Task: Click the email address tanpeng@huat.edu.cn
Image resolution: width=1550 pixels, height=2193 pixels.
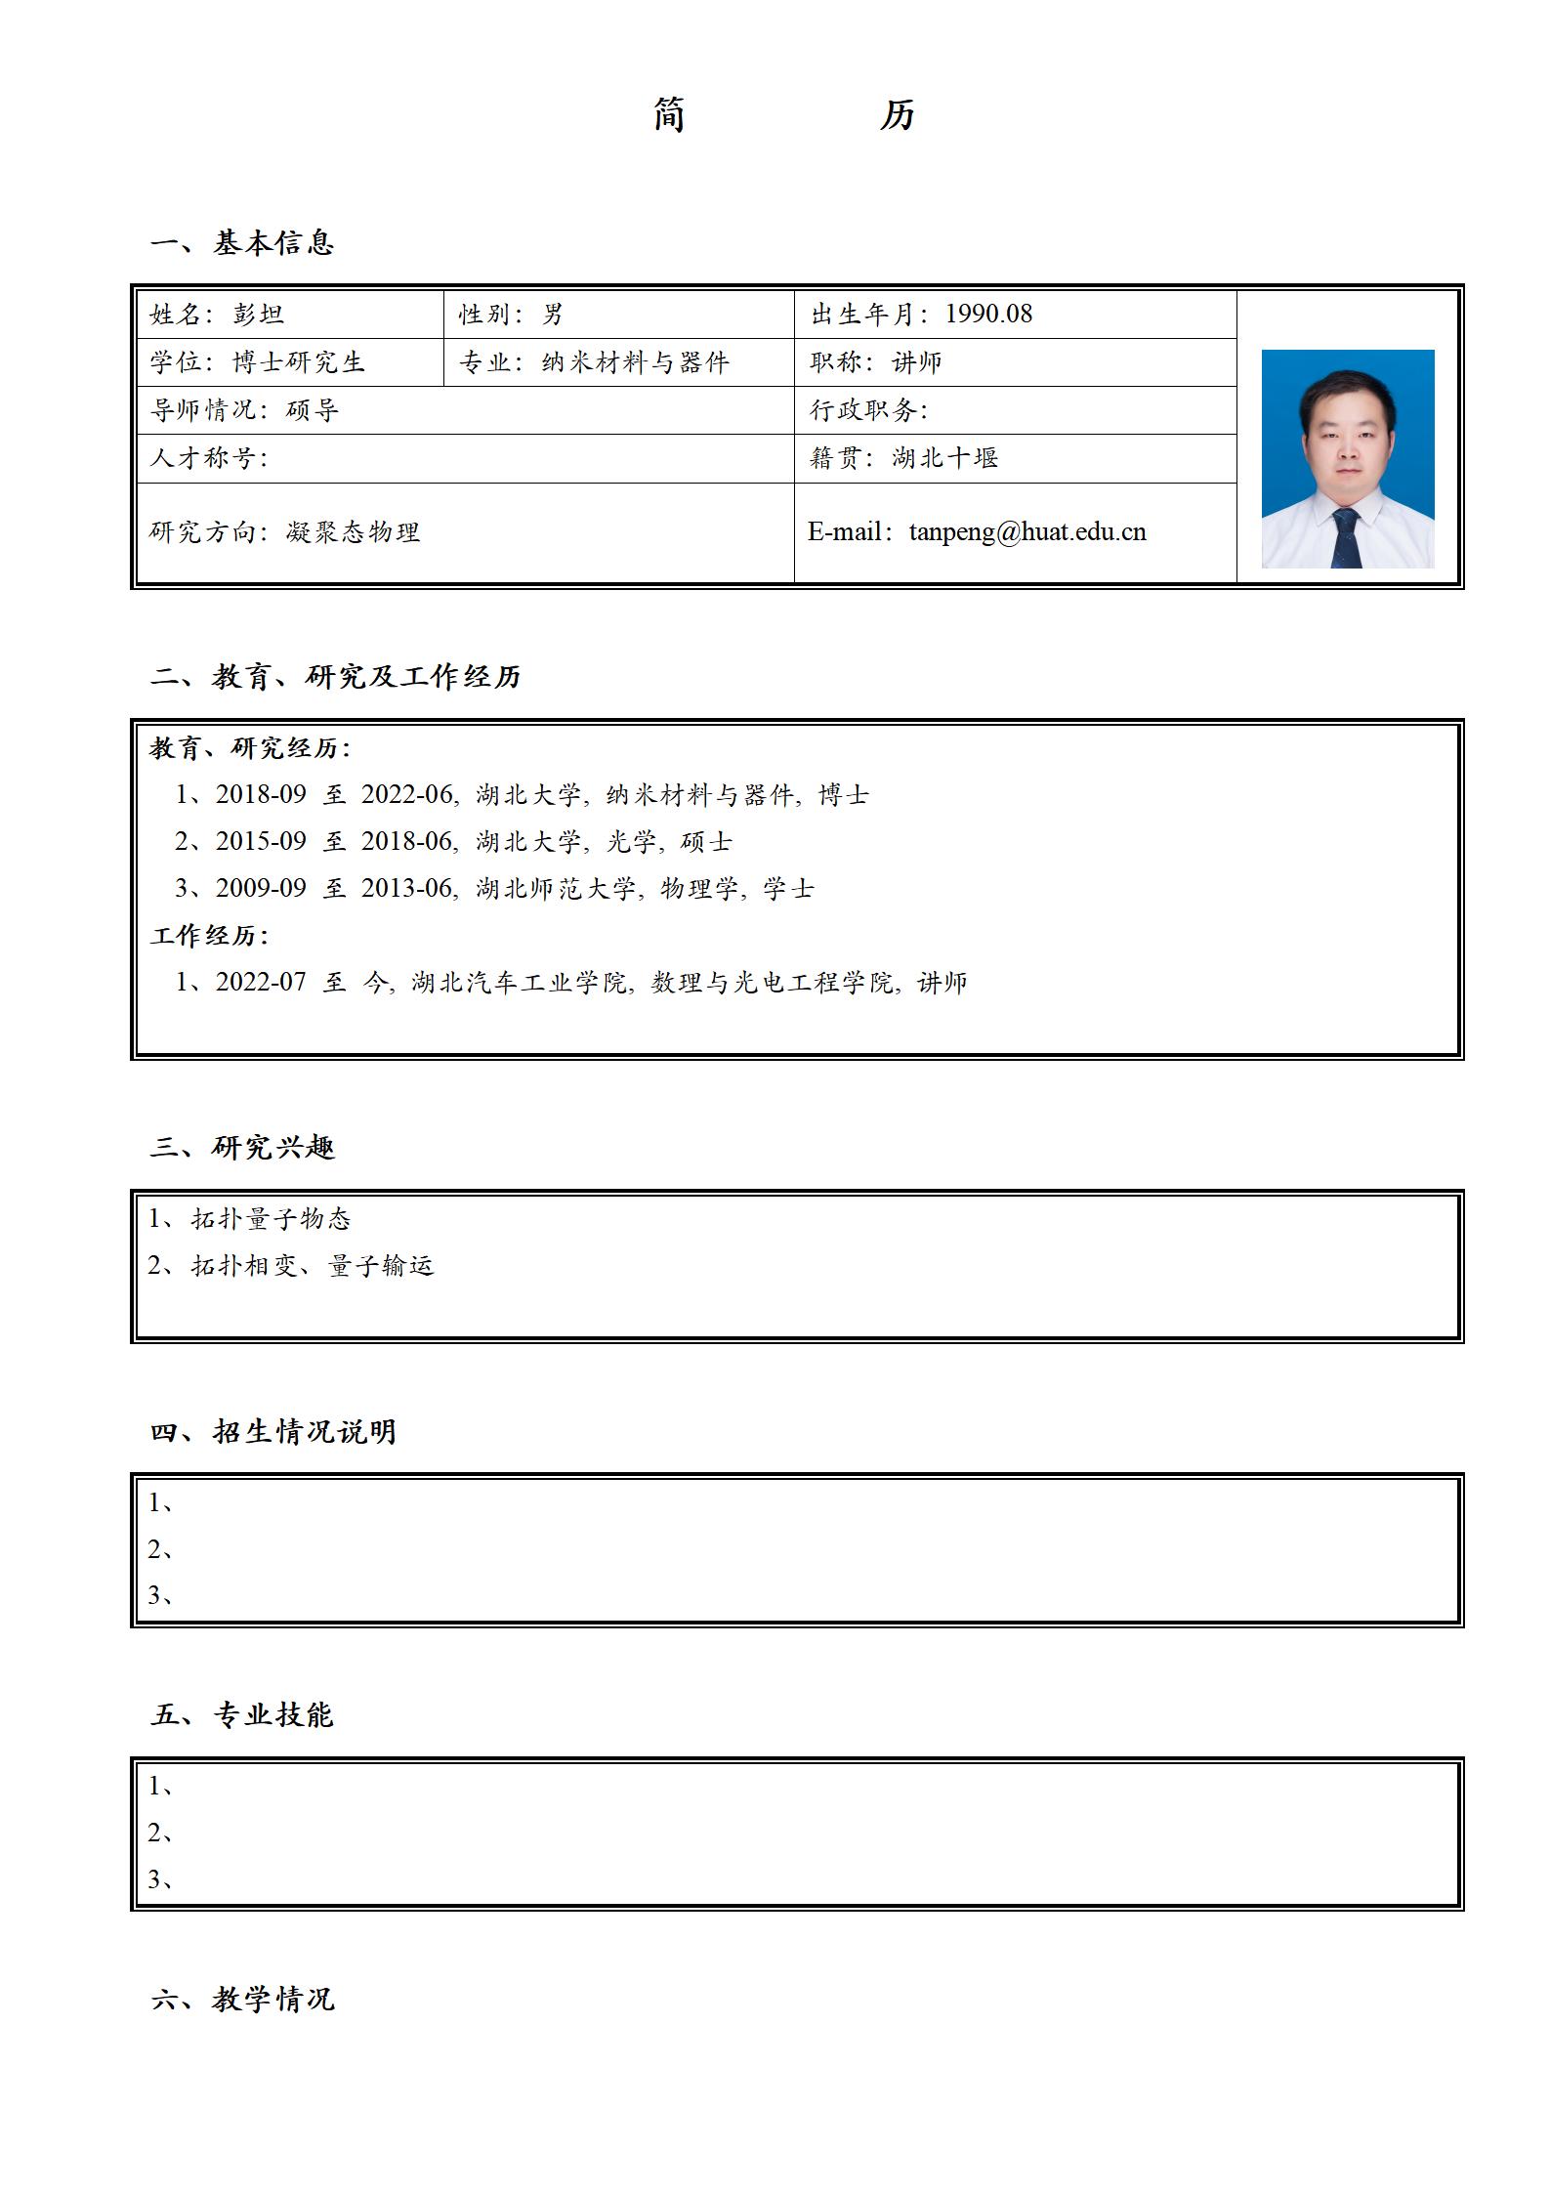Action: coord(1026,532)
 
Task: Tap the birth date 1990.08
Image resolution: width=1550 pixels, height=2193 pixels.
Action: coord(988,314)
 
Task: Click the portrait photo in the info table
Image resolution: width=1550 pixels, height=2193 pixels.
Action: coord(1347,458)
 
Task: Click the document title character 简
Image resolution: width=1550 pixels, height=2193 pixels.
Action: coord(668,115)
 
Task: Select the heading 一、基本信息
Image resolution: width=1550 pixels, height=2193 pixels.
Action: coord(242,242)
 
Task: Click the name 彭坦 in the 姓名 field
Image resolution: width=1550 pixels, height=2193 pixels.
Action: coord(259,315)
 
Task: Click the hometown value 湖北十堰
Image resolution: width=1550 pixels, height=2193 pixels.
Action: coord(944,458)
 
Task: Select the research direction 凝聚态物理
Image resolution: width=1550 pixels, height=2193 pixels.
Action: coord(353,532)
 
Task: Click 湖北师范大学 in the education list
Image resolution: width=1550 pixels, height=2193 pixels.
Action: coord(556,889)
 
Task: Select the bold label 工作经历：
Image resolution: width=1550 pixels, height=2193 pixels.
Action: coord(209,936)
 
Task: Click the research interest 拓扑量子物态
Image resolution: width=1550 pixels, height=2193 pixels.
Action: coord(271,1219)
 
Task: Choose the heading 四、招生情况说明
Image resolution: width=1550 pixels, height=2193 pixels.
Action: coord(273,1432)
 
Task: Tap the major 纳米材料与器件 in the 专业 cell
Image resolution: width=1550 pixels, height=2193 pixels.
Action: coord(636,362)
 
